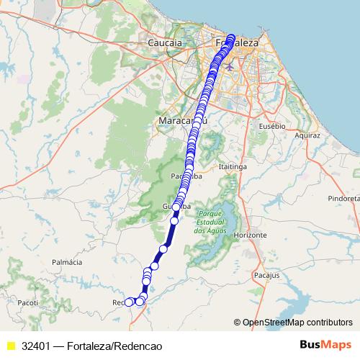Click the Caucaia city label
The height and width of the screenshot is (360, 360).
click(164, 43)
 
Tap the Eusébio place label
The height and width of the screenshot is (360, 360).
click(272, 125)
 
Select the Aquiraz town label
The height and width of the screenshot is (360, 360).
click(307, 135)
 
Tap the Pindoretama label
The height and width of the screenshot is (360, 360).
click(343, 197)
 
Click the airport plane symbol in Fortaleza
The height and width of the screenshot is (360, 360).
click(230, 66)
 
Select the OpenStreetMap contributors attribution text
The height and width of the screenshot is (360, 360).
click(297, 323)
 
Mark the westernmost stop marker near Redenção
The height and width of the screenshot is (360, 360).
click(129, 302)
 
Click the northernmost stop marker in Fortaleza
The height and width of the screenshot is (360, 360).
click(231, 37)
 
